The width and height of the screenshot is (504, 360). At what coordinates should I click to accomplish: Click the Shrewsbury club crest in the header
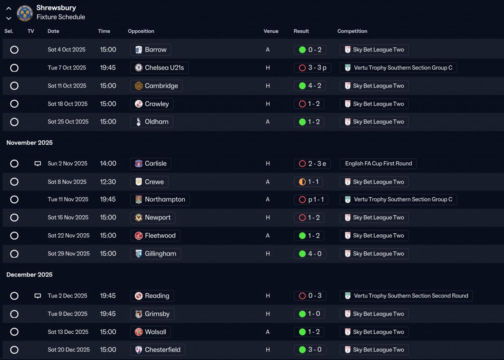[25, 13]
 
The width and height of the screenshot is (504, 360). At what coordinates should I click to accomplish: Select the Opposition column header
[141, 31]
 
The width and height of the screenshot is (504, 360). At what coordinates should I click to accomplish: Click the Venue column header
[271, 31]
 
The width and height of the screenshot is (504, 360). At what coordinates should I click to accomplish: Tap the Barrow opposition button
[150, 50]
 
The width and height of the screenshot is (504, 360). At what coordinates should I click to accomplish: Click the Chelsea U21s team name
[164, 68]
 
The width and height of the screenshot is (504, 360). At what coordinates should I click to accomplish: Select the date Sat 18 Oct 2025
[67, 104]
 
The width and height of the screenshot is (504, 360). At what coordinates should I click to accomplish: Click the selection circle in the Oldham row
[14, 122]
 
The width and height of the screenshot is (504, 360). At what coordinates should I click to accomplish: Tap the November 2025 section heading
[30, 142]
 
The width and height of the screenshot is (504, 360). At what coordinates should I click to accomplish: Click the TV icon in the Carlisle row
[37, 163]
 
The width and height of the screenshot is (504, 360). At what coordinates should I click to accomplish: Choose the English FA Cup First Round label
[378, 163]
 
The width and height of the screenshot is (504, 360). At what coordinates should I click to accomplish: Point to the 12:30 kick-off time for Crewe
[108, 182]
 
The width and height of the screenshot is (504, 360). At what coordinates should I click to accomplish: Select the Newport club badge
[139, 218]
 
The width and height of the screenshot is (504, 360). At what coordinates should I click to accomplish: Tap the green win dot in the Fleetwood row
[302, 236]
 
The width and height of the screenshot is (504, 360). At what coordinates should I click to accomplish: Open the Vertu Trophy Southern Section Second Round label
[411, 296]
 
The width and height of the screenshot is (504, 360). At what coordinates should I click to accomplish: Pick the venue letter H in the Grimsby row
[268, 314]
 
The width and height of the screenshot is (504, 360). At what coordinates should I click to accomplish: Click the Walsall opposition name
[156, 332]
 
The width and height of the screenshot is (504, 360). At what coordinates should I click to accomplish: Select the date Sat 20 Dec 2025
[69, 350]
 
